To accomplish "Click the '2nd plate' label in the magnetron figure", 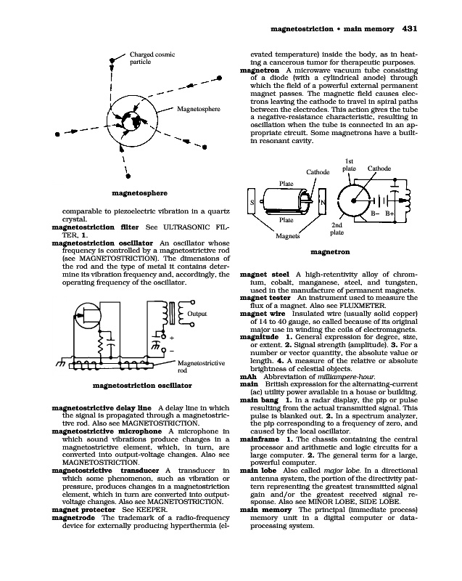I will pyautogui.click(x=337, y=229).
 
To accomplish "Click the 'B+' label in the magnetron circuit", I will pyautogui.click(x=389, y=214).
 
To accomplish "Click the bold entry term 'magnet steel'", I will pyautogui.click(x=264, y=274).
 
